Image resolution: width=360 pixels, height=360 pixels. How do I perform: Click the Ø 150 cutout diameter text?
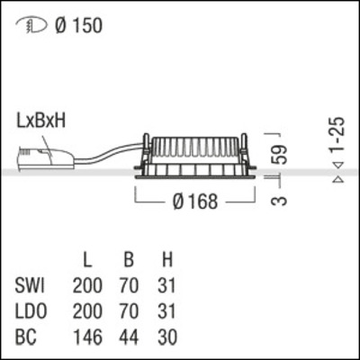tap(77, 26)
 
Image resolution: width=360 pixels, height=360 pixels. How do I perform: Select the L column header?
tap(87, 262)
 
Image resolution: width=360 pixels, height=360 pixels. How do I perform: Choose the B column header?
tap(129, 262)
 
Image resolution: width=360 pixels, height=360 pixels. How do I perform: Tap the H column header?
tap(166, 262)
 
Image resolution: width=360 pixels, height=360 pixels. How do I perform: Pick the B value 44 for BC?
tap(129, 337)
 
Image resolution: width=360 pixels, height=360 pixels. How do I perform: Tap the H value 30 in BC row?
tap(166, 337)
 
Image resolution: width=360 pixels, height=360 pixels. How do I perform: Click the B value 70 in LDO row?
tap(129, 312)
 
